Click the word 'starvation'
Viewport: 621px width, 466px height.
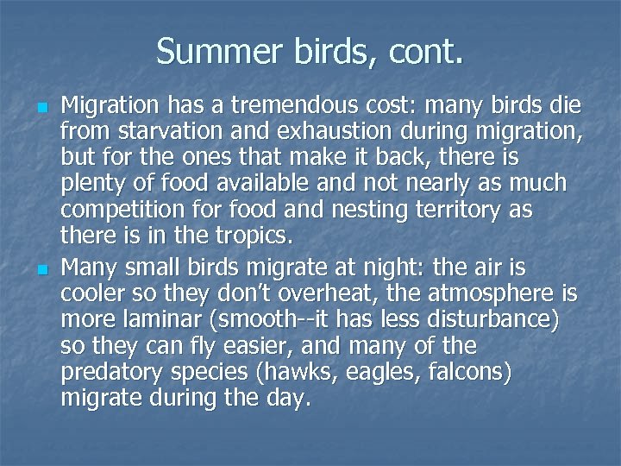(154, 133)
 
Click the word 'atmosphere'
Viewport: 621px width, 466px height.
(487, 295)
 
